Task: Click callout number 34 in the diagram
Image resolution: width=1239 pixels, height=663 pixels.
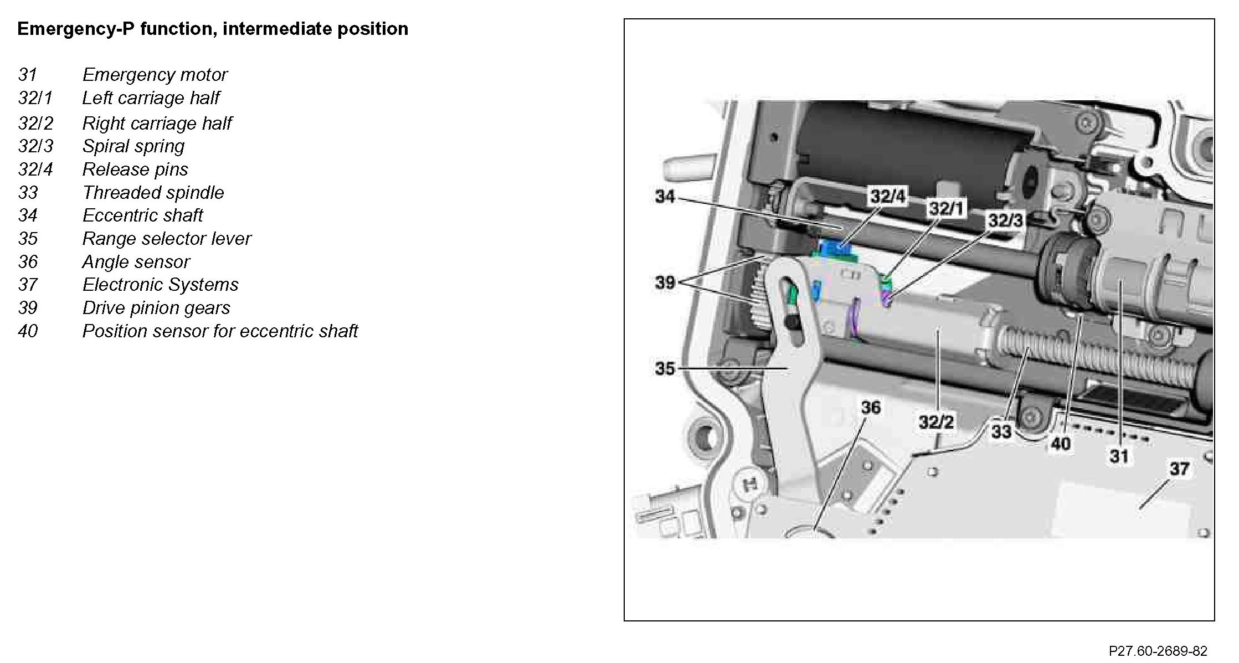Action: [x=665, y=196]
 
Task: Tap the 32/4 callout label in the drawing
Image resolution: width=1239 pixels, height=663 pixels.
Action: [x=888, y=196]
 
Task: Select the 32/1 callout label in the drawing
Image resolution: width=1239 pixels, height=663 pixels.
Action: [x=946, y=209]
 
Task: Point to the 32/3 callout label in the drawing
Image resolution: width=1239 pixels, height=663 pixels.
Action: [x=1005, y=220]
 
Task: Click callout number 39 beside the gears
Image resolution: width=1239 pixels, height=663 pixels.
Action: [x=665, y=282]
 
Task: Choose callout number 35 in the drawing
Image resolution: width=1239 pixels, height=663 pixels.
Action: [x=665, y=368]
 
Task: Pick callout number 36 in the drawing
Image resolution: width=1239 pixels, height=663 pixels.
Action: [x=870, y=408]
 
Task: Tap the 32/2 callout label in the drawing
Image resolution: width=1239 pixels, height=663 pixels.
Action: [x=936, y=422]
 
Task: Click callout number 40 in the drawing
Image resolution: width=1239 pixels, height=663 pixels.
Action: [x=1060, y=444]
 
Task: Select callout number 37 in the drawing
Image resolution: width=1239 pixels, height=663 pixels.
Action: [x=1179, y=469]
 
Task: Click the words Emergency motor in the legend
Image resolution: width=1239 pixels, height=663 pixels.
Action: [x=155, y=75]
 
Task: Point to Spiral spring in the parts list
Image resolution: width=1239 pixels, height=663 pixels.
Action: [x=133, y=146]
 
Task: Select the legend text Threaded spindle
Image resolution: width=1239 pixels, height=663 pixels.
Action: [x=153, y=193]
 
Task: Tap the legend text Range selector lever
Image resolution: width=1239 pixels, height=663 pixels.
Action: [x=167, y=239]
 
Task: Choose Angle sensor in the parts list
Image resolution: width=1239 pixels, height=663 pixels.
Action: [x=136, y=262]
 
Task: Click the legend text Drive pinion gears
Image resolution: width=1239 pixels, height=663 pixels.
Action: [x=156, y=308]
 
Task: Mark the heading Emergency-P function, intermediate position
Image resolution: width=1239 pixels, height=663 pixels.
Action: [x=213, y=29]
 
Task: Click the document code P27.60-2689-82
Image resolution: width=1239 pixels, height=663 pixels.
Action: [x=1158, y=651]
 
